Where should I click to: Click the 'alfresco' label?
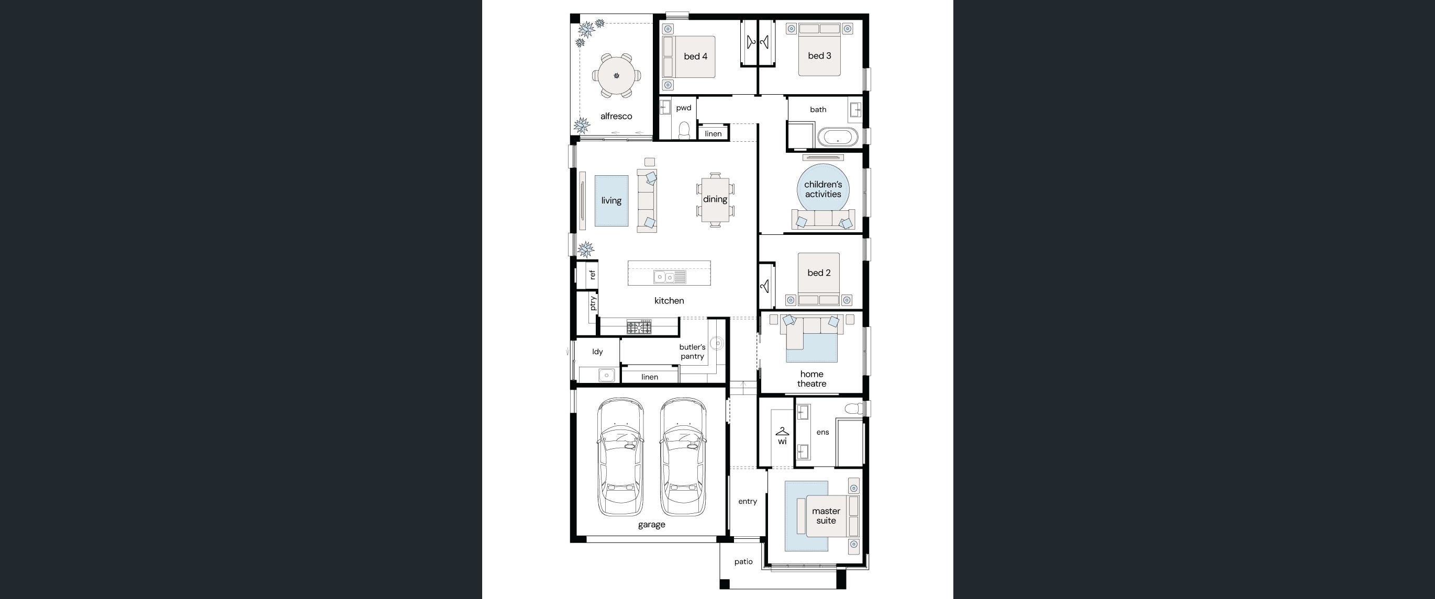(x=616, y=116)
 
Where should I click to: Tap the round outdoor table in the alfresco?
(x=616, y=75)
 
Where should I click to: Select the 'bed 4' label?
(x=695, y=56)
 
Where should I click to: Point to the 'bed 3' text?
(x=819, y=55)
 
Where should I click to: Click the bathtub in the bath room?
(x=838, y=137)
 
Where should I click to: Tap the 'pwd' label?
(x=684, y=108)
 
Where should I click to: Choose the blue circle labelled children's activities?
(x=823, y=189)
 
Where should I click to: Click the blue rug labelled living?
(x=611, y=201)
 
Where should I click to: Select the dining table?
(x=715, y=199)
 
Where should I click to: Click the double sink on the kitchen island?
(x=670, y=277)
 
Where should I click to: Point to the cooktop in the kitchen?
(x=639, y=327)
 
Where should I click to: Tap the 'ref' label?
(x=592, y=275)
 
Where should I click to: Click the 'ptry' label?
(x=593, y=303)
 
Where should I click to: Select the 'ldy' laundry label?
(x=597, y=352)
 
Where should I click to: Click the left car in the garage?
(x=620, y=457)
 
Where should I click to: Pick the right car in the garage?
(x=683, y=457)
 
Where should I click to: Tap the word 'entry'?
(x=748, y=502)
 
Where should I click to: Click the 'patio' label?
(x=743, y=562)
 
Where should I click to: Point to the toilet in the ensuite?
(x=853, y=409)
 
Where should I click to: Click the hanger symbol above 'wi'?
(x=782, y=432)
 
